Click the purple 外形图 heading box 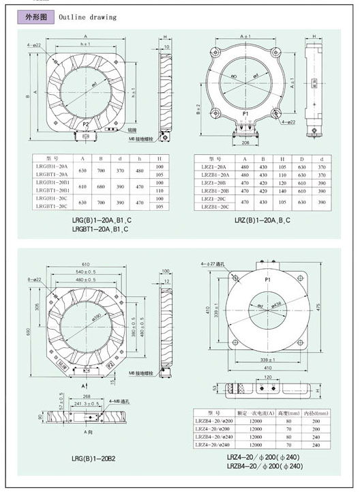(35, 16)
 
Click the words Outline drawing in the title (87, 17)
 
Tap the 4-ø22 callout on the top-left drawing (33, 45)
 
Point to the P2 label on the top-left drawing (86, 125)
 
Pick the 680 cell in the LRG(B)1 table (103, 186)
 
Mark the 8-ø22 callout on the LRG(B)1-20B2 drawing (34, 279)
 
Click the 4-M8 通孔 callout (119, 400)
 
